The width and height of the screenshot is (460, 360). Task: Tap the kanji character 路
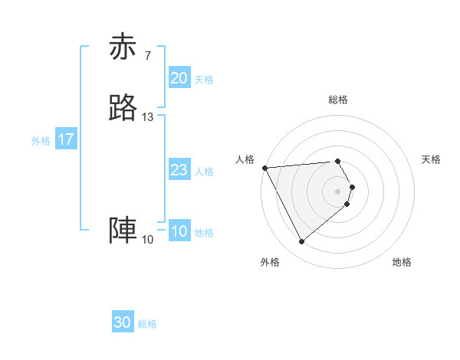point(123,109)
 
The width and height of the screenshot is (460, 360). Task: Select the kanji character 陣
point(123,231)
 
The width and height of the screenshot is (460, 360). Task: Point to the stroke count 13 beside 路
point(148,117)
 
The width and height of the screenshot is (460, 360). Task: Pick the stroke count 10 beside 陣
point(148,240)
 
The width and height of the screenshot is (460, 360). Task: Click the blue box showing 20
point(179,78)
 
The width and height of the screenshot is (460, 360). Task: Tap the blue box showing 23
point(179,171)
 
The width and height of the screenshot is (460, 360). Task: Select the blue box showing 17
point(66,140)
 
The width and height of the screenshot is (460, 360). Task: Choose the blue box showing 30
point(123,323)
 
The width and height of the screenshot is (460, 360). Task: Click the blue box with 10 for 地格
point(179,232)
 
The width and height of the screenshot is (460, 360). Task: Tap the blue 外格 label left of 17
point(41,141)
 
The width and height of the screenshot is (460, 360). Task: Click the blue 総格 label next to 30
point(147,324)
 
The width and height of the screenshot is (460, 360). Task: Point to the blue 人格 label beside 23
point(204,172)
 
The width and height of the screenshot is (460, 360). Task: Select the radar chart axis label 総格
point(338,100)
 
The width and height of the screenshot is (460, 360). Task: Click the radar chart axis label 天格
point(431,159)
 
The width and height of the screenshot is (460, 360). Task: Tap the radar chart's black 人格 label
point(245,159)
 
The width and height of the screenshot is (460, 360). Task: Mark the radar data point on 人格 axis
point(264,168)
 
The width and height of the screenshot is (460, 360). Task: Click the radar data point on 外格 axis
point(301,242)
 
